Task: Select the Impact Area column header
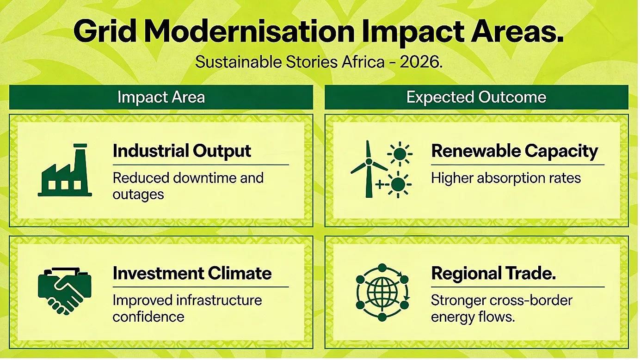click(161, 97)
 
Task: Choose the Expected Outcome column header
click(476, 97)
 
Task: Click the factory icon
click(65, 170)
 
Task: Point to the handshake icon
click(65, 291)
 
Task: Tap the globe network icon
click(382, 293)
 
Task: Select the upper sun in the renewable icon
click(400, 154)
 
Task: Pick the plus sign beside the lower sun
click(380, 184)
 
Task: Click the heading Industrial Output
click(182, 151)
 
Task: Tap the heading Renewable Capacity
click(514, 151)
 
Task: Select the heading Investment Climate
click(192, 273)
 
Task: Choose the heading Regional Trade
click(493, 273)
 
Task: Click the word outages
click(138, 195)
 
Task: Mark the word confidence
click(148, 317)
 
